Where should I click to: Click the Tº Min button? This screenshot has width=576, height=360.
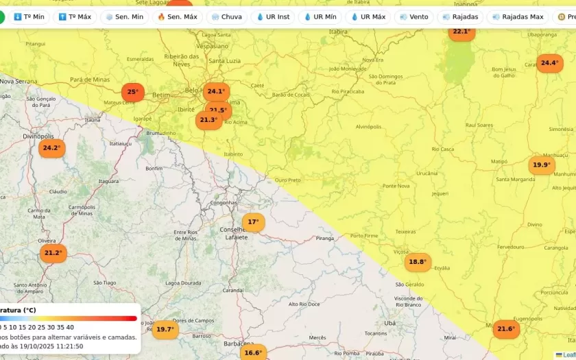tap(29, 16)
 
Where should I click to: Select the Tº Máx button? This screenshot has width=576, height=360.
tap(75, 16)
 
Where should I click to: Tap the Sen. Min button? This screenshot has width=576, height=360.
tap(124, 16)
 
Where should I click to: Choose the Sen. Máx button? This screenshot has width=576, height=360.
tap(177, 16)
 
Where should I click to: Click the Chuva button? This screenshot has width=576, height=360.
tap(226, 16)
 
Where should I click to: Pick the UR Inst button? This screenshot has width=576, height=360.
tap(273, 16)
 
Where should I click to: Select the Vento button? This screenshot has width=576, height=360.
tap(413, 16)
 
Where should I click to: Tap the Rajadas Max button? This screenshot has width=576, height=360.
tap(518, 16)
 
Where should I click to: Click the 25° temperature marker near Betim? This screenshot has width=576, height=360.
tap(132, 92)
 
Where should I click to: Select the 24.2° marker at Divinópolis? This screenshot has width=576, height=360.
tap(51, 148)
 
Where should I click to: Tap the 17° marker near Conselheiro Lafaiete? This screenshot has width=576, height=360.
tap(253, 222)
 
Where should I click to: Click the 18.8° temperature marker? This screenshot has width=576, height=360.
tap(418, 262)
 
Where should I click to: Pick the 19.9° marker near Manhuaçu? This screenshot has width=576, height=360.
tap(542, 165)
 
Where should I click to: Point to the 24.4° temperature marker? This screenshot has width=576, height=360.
tap(549, 63)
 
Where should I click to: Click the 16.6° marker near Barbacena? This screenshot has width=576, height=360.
tap(253, 353)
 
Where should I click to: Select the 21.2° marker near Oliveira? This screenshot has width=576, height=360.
tap(53, 253)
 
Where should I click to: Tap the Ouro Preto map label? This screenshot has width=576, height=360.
tap(288, 180)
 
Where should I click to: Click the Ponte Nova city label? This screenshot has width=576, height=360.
tap(396, 186)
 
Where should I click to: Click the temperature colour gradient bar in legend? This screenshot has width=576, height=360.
tap(69, 318)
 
